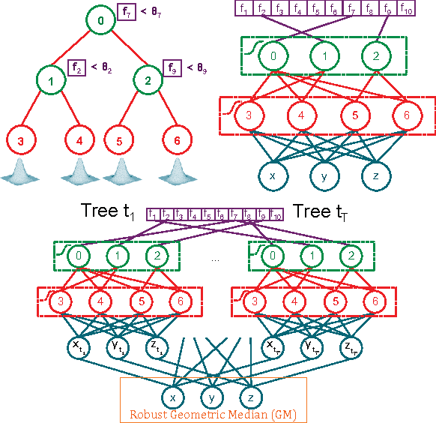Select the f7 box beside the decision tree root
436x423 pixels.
pos(127,11)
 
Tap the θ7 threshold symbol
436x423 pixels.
pos(157,12)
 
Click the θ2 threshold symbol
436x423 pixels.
pos(106,68)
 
